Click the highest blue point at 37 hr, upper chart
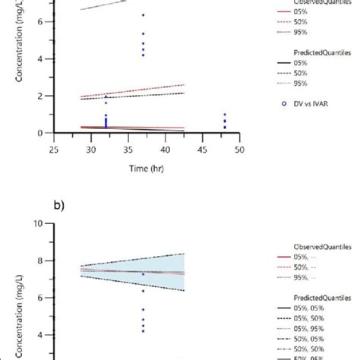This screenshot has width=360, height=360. tap(143, 15)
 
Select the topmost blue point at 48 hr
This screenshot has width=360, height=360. tap(225, 115)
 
